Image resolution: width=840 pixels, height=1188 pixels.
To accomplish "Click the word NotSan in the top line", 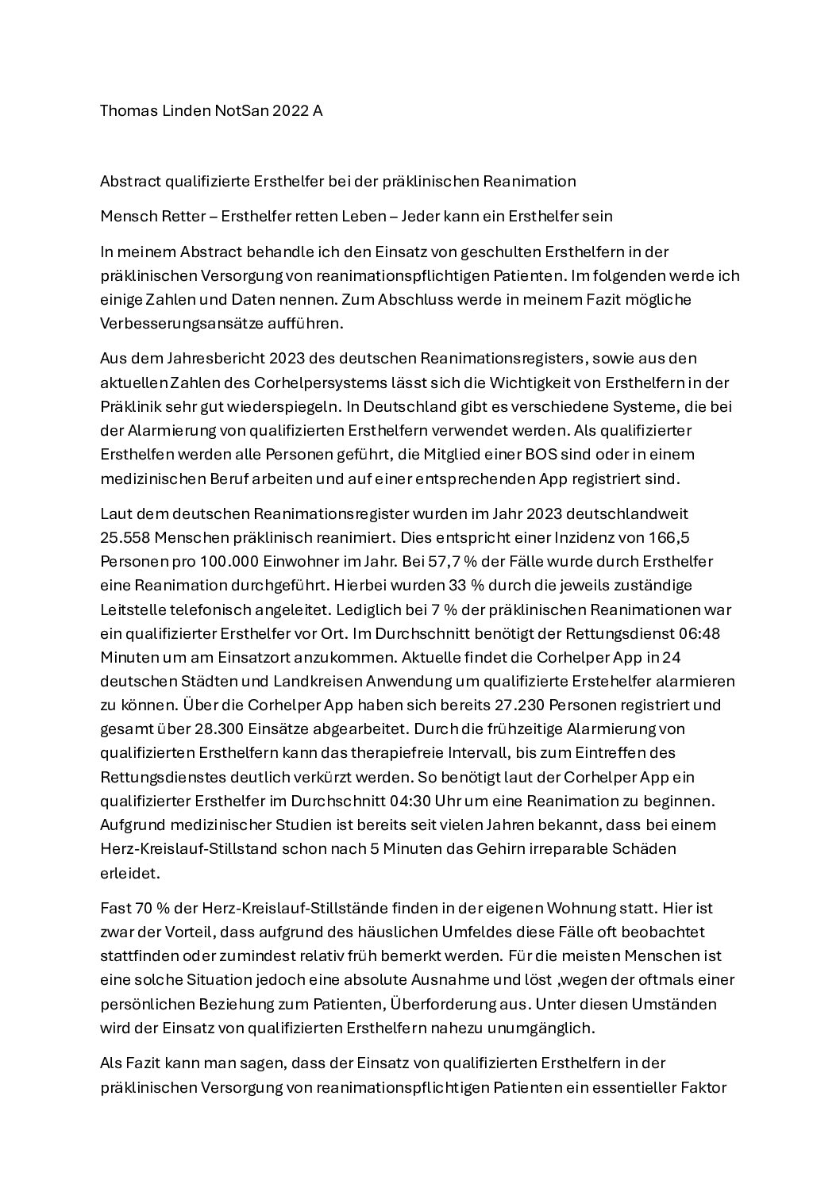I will [242, 111].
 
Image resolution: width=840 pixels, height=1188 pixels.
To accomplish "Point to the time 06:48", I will [700, 633].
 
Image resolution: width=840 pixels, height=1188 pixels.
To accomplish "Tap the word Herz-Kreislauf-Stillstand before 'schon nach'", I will [188, 848].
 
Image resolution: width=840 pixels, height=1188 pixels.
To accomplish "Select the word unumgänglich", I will [546, 1028].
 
